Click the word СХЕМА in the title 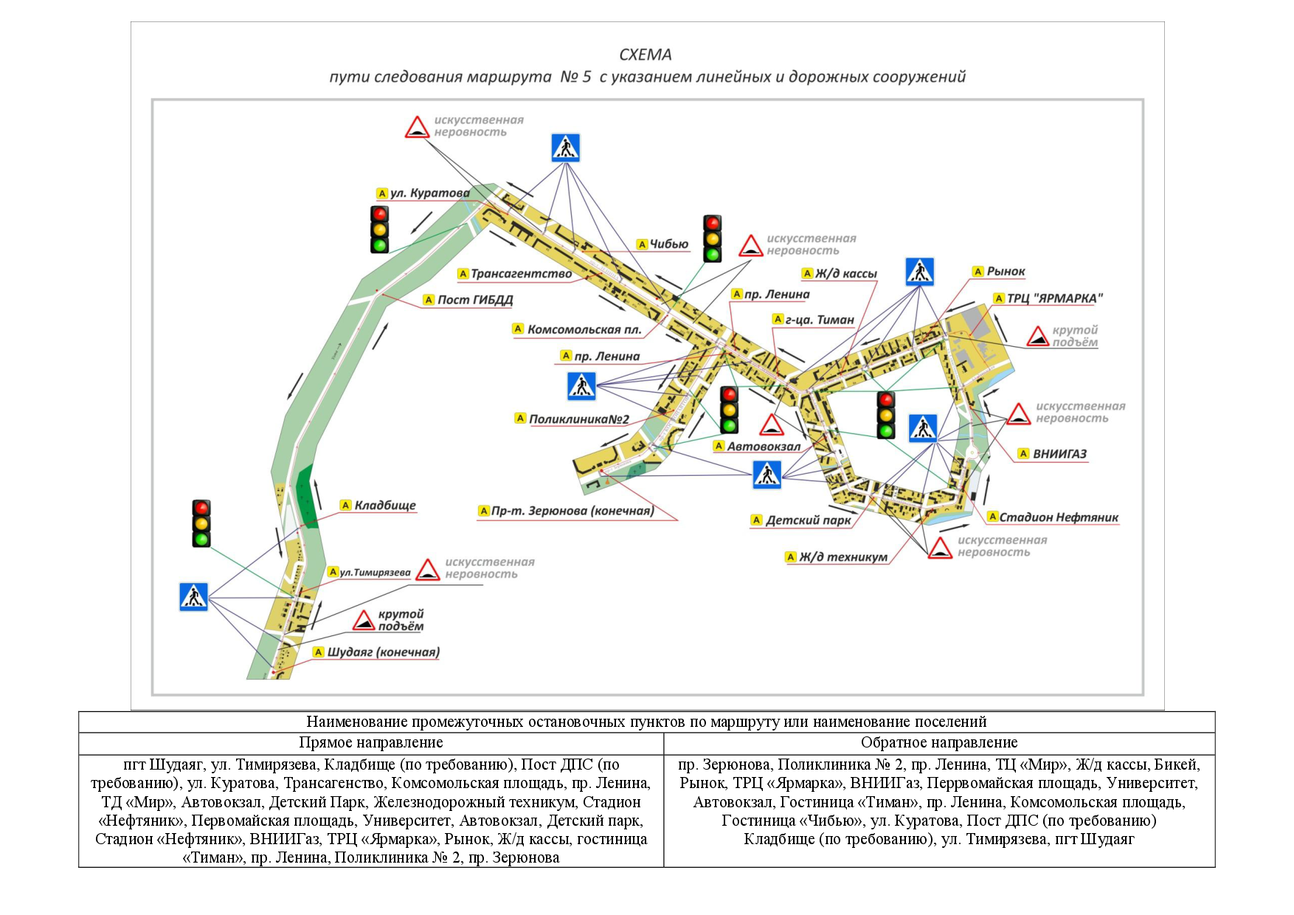point(646,55)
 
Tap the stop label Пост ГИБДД point(474,300)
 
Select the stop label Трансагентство point(521,274)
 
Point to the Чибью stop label point(668,244)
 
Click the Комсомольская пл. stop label point(584,329)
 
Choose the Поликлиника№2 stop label point(578,419)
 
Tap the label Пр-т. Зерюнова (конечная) point(572,511)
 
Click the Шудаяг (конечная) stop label point(383,652)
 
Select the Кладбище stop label point(384,505)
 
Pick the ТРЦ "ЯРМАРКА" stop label point(1054,298)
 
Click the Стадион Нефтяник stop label point(1058,517)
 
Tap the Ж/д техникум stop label point(843,557)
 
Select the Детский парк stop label point(808,520)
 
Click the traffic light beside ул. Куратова point(379,229)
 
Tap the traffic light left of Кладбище point(201,523)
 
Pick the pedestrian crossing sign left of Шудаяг point(194,597)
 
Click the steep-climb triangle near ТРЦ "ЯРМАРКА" point(1038,336)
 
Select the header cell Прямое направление point(371,742)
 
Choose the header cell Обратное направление point(939,742)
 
